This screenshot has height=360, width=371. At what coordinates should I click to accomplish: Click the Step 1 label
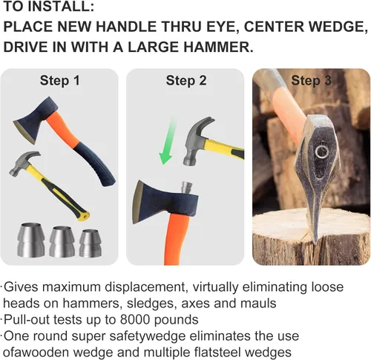[x=60, y=81]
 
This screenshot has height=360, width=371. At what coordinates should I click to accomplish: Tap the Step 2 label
[x=186, y=81]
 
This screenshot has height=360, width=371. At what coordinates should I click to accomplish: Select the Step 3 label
[x=311, y=81]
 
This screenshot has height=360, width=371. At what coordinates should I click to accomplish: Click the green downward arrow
[x=168, y=143]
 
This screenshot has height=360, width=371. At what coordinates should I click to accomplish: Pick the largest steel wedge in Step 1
[x=31, y=240]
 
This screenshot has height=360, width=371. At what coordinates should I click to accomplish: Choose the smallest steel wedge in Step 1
[x=91, y=243]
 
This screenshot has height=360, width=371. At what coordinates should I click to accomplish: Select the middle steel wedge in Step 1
[x=62, y=241]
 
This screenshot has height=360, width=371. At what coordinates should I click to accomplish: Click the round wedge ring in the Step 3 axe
[x=321, y=151]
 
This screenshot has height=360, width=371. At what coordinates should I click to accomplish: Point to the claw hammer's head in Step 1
[x=24, y=163]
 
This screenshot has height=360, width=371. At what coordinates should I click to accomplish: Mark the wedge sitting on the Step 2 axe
[x=186, y=188]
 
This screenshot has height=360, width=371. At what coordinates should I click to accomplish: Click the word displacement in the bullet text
[x=145, y=287]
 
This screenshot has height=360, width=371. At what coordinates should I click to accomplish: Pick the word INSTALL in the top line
[x=61, y=7]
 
